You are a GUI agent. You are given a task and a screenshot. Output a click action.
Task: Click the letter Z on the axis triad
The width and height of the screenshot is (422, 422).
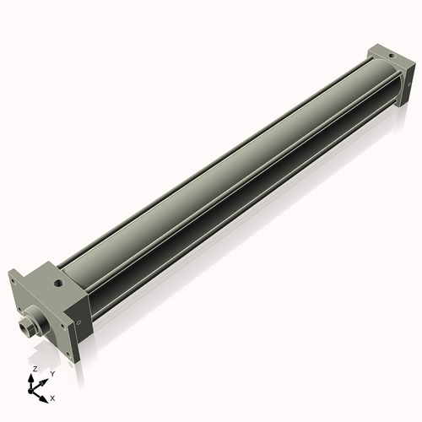(34, 370)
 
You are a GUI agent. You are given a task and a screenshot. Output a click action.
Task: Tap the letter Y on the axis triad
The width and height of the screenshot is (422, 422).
(52, 373)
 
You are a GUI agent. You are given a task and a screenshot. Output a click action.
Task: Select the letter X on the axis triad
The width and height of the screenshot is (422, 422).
(53, 397)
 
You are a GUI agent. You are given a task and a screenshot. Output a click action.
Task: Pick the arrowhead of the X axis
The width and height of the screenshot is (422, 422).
(44, 395)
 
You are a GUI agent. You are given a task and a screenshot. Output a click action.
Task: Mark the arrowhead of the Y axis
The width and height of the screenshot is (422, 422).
(44, 381)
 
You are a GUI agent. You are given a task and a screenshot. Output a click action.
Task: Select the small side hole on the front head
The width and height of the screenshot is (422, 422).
(79, 322)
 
